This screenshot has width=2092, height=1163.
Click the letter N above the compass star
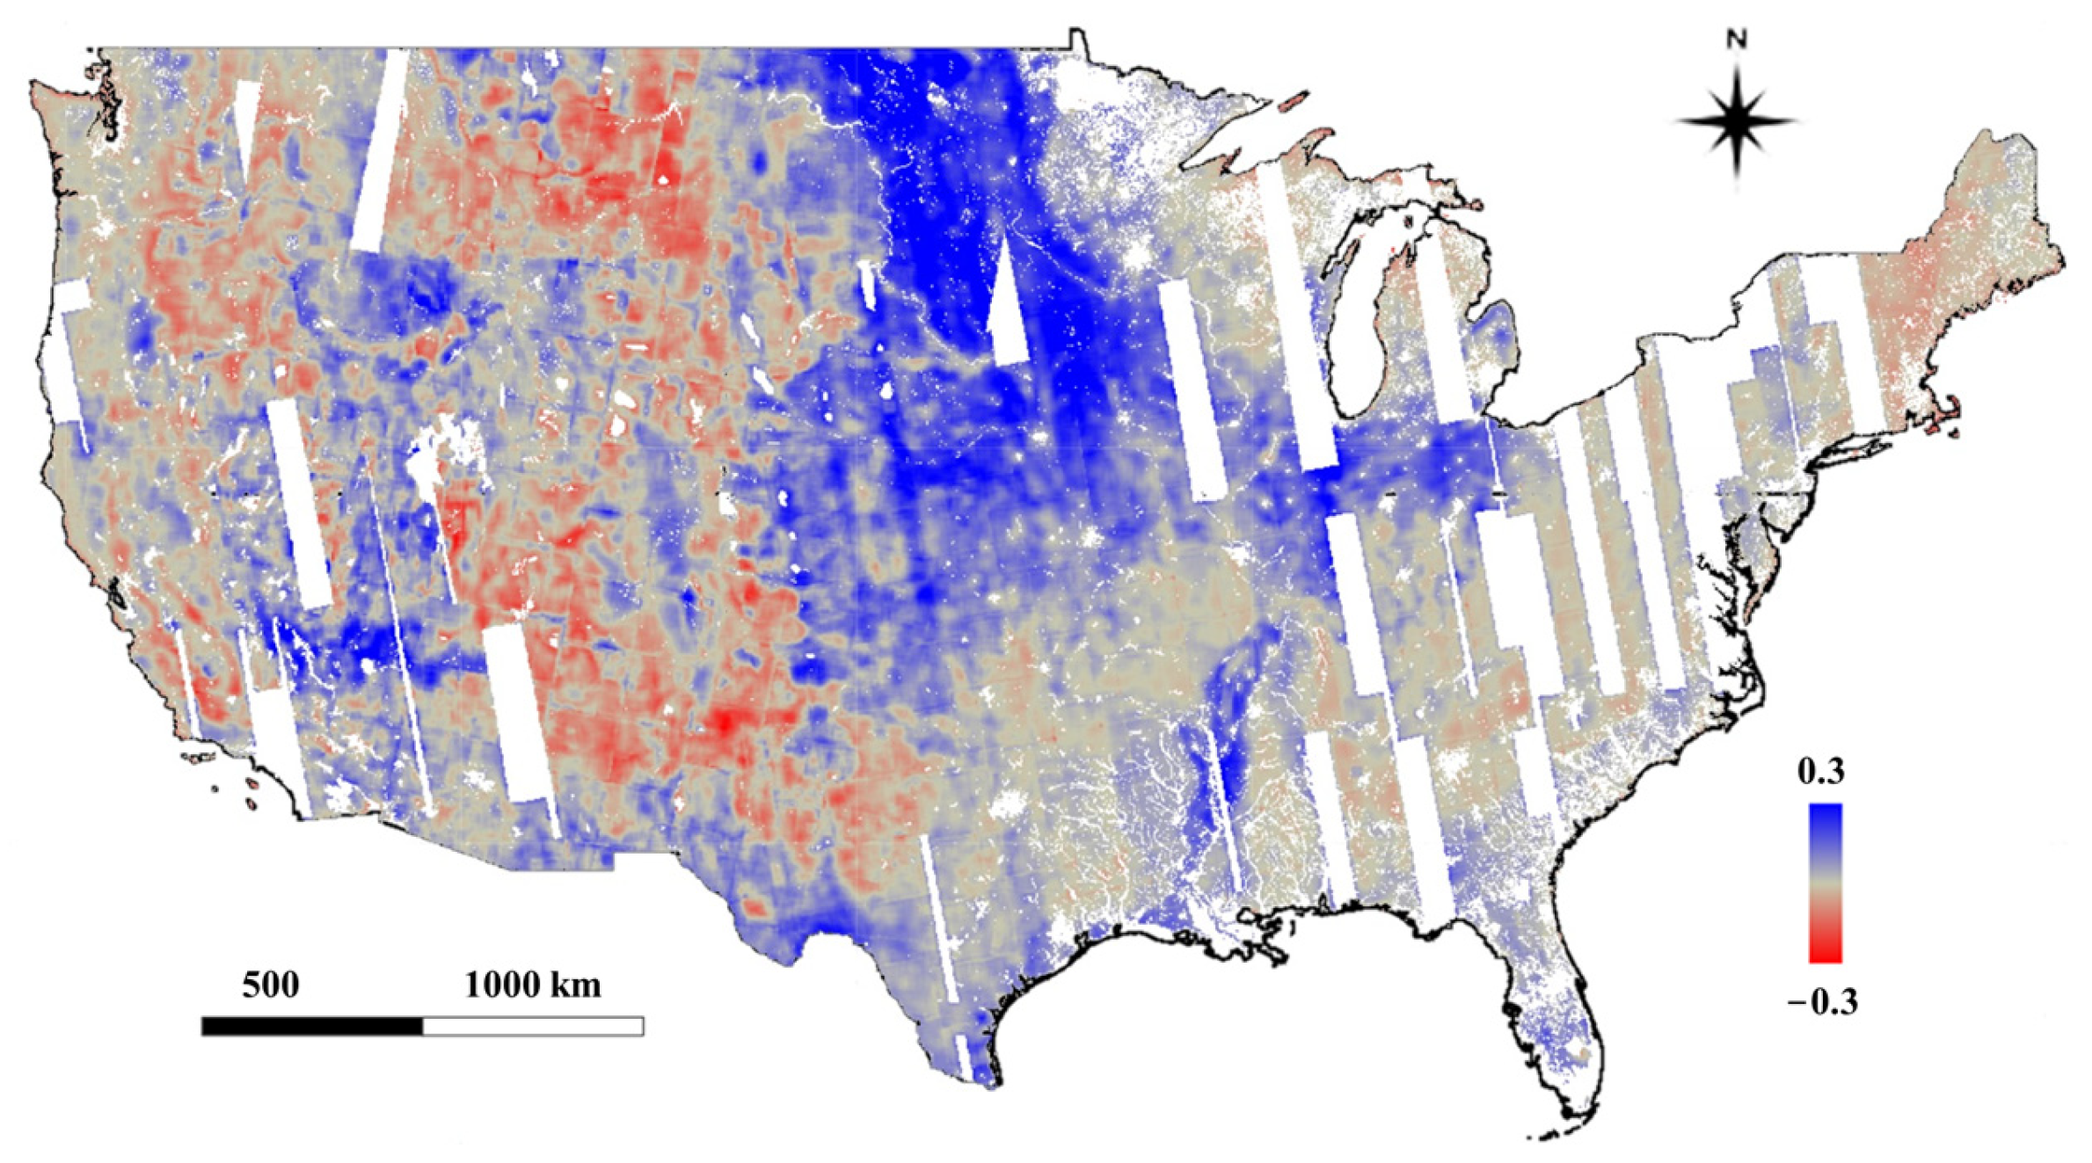pos(1737,40)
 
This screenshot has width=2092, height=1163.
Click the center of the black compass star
pos(1737,122)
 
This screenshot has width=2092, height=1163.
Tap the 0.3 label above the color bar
pos(1820,772)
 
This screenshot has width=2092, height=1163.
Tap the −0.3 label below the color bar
pos(1823,1003)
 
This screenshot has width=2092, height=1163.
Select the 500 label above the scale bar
pos(270,985)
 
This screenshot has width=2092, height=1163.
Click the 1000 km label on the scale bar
pos(533,985)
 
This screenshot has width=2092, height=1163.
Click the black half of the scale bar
pos(312,1026)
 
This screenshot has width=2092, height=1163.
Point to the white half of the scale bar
pos(533,1026)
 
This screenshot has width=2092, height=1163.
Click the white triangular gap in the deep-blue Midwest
pos(1007,308)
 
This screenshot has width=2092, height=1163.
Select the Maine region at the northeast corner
pos(1996,202)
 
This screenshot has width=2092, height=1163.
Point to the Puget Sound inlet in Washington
pos(110,114)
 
